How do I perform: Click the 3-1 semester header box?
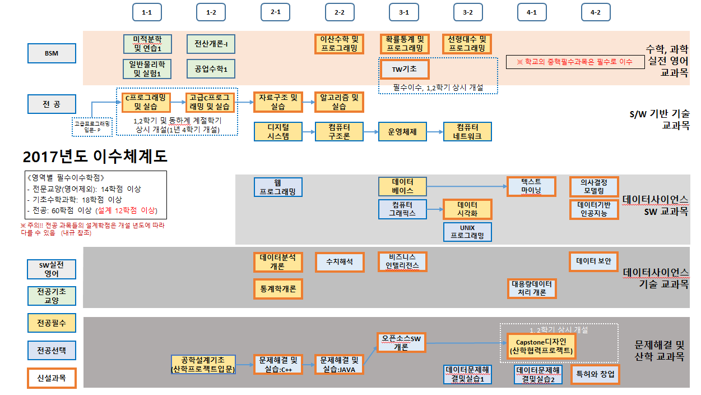[x=403, y=12]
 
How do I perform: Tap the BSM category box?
[x=52, y=53]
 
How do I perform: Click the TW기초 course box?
[x=405, y=69]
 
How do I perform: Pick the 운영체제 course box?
[x=402, y=131]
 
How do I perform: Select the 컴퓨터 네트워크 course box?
[x=467, y=131]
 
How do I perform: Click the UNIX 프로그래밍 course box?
[x=467, y=232]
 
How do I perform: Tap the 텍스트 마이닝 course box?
[x=531, y=186]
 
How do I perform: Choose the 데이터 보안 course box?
[x=593, y=261]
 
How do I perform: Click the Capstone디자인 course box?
[x=541, y=346]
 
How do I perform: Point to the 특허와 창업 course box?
[x=595, y=374]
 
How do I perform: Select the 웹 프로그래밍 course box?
[x=278, y=187]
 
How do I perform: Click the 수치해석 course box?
[x=339, y=261]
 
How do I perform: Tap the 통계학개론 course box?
[x=278, y=288]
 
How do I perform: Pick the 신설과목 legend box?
[x=52, y=378]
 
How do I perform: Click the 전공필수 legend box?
[x=52, y=323]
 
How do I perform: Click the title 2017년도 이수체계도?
[x=95, y=155]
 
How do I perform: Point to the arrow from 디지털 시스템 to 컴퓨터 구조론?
[x=309, y=131]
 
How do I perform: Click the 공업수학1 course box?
[x=211, y=69]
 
